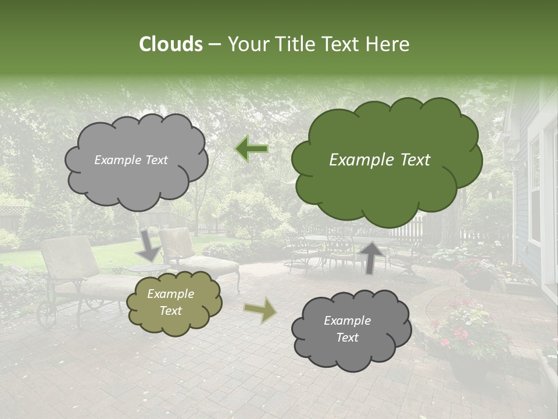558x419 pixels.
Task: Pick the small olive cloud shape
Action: (x=174, y=303)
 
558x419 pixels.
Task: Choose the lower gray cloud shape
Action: (x=352, y=330)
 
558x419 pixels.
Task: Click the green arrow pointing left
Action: (x=252, y=149)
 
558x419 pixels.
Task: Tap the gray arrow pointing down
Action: (x=150, y=244)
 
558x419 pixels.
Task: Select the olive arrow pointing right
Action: (x=260, y=310)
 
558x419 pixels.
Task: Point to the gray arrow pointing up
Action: (x=372, y=257)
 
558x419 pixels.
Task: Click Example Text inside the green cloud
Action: (x=380, y=160)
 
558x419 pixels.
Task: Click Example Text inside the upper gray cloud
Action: (x=131, y=160)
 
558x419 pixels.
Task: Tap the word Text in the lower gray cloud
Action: (x=347, y=338)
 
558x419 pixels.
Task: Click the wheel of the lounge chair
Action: (x=46, y=314)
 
